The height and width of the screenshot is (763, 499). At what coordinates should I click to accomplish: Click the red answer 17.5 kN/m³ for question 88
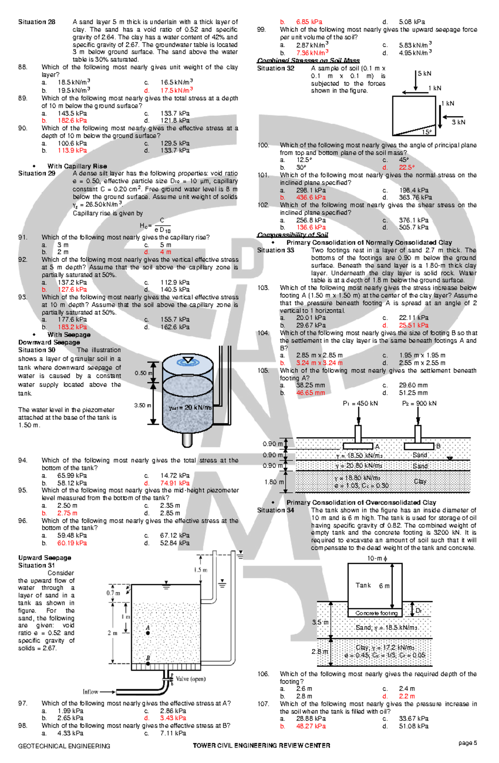tap(176, 90)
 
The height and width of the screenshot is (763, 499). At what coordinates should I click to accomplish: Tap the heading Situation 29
tap(37, 173)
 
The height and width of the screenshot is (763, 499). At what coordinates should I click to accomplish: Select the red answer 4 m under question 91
tap(166, 252)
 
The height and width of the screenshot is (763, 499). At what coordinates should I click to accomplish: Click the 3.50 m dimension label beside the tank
tap(143, 405)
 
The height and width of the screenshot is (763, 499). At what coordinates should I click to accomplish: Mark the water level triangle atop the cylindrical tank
tap(188, 360)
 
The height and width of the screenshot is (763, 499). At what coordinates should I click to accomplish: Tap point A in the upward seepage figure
tap(148, 632)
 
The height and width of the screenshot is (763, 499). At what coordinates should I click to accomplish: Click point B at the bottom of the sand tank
tap(148, 663)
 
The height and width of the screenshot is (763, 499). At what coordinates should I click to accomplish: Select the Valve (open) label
tap(190, 679)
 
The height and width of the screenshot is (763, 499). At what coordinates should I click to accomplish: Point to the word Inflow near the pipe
tap(91, 692)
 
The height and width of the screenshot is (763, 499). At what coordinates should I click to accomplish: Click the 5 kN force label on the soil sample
tap(425, 74)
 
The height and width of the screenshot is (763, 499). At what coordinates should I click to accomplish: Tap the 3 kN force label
tap(459, 122)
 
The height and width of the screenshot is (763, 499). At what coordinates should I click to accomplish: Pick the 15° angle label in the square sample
tap(427, 132)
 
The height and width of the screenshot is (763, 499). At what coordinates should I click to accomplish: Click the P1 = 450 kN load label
tap(360, 403)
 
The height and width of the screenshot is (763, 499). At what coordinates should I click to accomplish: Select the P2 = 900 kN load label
tap(419, 403)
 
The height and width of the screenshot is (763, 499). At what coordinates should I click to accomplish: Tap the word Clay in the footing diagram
tap(420, 481)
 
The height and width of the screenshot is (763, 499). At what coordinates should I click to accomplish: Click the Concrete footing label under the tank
tap(376, 613)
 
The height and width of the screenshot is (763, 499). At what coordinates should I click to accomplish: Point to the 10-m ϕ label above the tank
tap(377, 558)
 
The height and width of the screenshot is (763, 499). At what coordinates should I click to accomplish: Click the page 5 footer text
tap(467, 743)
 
